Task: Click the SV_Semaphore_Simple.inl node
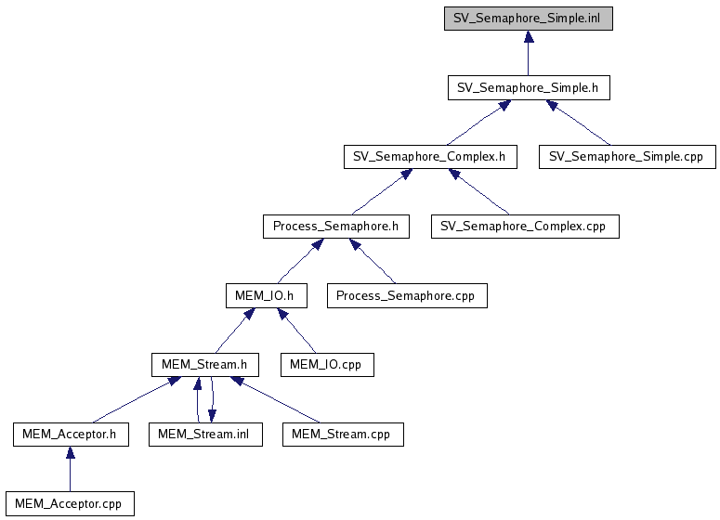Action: point(528,18)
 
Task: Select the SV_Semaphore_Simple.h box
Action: point(528,88)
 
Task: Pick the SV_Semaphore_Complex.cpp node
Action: point(525,226)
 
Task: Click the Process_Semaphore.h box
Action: point(335,226)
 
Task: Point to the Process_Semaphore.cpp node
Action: point(407,295)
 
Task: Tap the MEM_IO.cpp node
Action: point(327,364)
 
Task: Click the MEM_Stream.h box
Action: point(204,364)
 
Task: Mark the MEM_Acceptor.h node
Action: point(71,434)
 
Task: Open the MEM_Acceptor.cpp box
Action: point(70,503)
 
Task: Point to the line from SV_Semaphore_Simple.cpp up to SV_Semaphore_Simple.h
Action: point(581,123)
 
